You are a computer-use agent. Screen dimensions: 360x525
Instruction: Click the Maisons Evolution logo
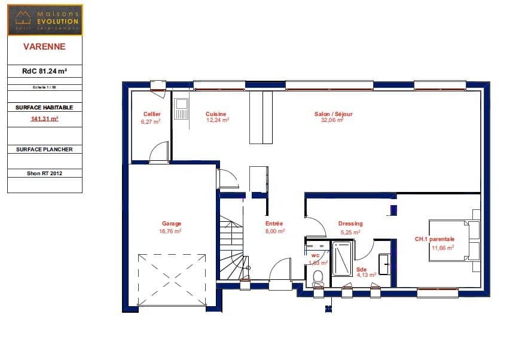click(45, 20)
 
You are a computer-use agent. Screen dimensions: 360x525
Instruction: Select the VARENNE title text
click(45, 45)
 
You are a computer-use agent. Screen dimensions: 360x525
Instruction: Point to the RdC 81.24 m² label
click(45, 71)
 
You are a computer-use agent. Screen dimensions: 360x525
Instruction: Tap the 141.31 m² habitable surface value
click(45, 118)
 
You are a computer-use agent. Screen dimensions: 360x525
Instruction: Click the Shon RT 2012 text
click(45, 173)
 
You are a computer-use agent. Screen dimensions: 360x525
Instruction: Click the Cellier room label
click(152, 114)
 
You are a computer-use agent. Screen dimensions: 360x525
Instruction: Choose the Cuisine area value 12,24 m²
click(218, 120)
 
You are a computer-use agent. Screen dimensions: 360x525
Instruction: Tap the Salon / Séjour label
click(334, 114)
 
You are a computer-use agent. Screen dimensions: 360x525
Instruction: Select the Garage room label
click(171, 224)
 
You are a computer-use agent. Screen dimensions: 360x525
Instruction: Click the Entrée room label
click(274, 224)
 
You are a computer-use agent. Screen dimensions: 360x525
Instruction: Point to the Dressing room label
click(350, 224)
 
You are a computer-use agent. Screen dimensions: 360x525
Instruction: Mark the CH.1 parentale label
click(435, 239)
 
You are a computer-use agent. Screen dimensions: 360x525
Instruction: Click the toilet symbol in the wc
click(318, 276)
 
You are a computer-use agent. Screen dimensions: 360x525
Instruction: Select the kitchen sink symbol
click(181, 110)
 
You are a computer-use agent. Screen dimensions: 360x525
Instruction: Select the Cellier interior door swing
click(159, 153)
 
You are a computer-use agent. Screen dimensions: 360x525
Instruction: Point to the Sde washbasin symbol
click(384, 261)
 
